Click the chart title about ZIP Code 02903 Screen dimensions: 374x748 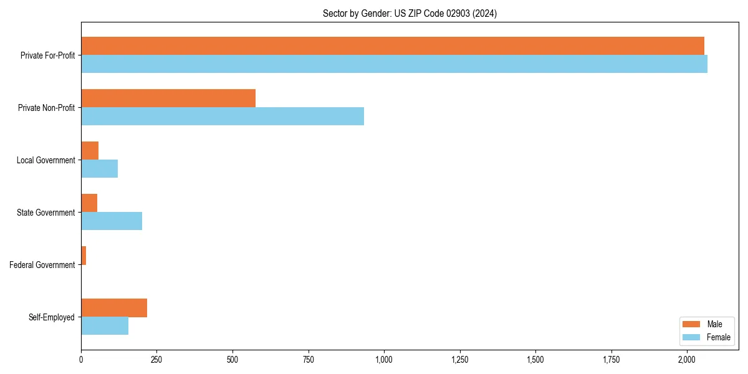410,13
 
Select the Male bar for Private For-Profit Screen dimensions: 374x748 392,46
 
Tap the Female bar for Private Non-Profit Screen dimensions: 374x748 223,117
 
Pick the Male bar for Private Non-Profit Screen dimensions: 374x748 168,98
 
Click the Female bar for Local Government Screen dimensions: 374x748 99,169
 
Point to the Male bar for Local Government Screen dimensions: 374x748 90,151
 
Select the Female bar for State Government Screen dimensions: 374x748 112,221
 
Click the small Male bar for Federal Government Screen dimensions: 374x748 84,256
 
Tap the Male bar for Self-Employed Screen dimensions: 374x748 114,308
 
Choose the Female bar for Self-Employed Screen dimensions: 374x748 105,326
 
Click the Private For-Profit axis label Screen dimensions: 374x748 47,55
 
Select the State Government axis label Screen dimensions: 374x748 46,213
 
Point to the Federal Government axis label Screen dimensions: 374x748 42,265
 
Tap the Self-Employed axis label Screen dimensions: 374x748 52,317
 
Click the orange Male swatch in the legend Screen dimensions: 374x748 692,324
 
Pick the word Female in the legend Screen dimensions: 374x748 719,337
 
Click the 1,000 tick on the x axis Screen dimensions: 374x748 384,360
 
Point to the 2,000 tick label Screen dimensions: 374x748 687,360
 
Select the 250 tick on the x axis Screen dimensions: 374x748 156,360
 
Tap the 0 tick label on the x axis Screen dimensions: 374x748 81,360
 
